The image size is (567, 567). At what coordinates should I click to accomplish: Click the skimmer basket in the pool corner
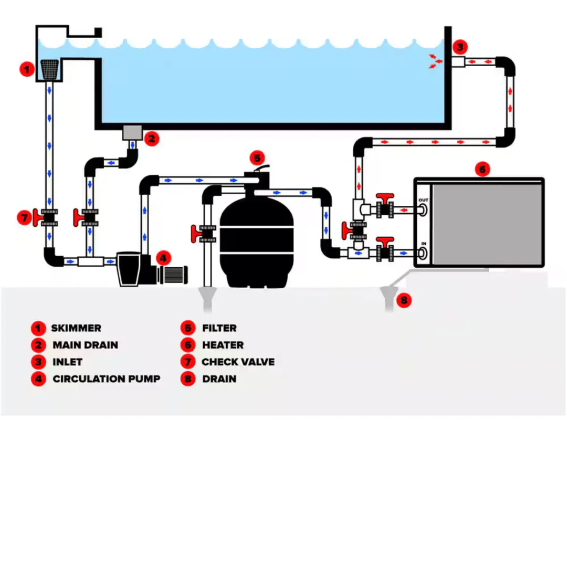(x=49, y=69)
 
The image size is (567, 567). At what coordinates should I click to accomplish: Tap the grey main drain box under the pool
(x=132, y=132)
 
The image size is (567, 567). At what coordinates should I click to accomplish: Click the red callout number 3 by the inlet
(x=460, y=47)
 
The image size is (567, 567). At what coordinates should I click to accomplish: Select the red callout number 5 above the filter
(x=257, y=158)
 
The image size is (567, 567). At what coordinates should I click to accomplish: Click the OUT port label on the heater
(x=423, y=200)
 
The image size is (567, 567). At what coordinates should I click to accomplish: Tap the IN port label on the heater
(x=424, y=244)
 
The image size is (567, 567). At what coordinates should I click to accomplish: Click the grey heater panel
(x=487, y=224)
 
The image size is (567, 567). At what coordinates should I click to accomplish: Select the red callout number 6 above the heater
(x=482, y=169)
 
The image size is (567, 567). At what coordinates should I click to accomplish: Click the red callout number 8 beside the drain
(x=404, y=300)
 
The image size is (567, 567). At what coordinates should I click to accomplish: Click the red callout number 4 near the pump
(x=163, y=258)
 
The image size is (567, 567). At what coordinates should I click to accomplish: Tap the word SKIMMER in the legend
(x=76, y=328)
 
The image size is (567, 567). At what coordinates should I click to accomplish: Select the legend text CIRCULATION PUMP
(x=106, y=379)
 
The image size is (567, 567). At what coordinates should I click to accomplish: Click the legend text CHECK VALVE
(x=238, y=362)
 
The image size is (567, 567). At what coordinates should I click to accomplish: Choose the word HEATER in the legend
(x=223, y=345)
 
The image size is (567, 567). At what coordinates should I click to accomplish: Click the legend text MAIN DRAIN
(x=86, y=345)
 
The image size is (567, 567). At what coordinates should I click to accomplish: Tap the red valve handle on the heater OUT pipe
(x=385, y=198)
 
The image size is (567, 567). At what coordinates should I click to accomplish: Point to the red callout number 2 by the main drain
(x=152, y=139)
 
